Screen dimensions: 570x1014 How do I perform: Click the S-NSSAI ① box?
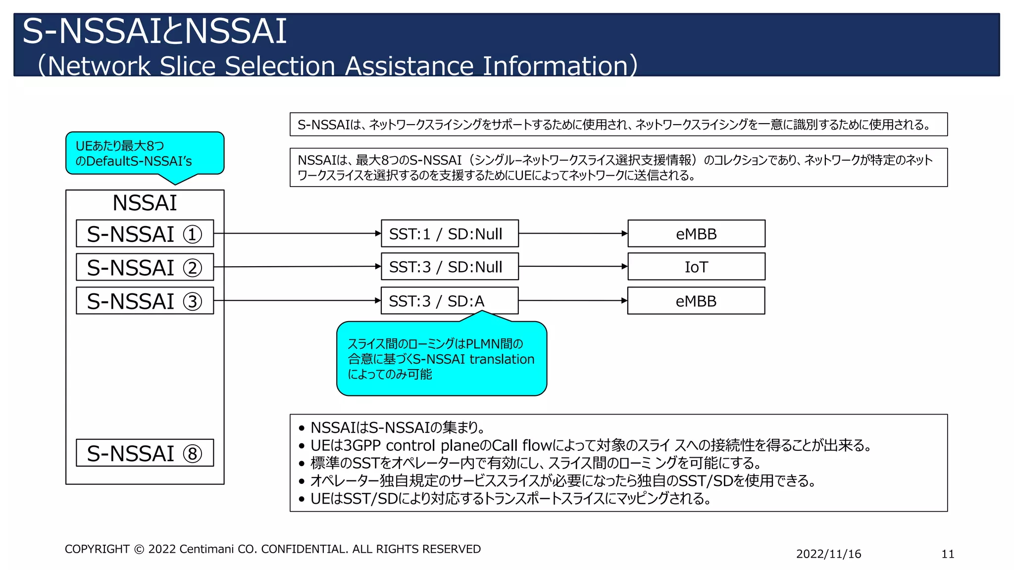point(145,234)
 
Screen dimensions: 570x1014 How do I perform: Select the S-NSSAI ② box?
point(145,267)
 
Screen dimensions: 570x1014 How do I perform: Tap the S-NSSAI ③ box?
point(145,301)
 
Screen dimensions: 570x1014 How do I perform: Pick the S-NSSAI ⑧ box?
point(145,453)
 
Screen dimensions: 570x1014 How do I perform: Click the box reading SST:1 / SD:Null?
point(450,234)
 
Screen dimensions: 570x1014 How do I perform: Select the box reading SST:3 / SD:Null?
point(450,267)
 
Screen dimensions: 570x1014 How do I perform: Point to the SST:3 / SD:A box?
point(450,301)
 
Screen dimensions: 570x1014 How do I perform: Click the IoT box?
point(696,267)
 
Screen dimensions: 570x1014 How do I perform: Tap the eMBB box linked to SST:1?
point(696,234)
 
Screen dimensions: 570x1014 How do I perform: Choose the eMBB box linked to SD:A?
point(696,301)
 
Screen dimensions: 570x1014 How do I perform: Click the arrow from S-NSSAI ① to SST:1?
point(297,233)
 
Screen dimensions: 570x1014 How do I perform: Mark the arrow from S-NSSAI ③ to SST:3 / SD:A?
point(297,300)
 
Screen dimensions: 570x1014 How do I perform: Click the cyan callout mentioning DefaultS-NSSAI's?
point(145,153)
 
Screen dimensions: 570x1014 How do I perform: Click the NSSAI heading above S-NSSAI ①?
point(145,203)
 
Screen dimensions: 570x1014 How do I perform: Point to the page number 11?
point(948,554)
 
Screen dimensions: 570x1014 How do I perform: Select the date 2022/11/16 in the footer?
point(828,554)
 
